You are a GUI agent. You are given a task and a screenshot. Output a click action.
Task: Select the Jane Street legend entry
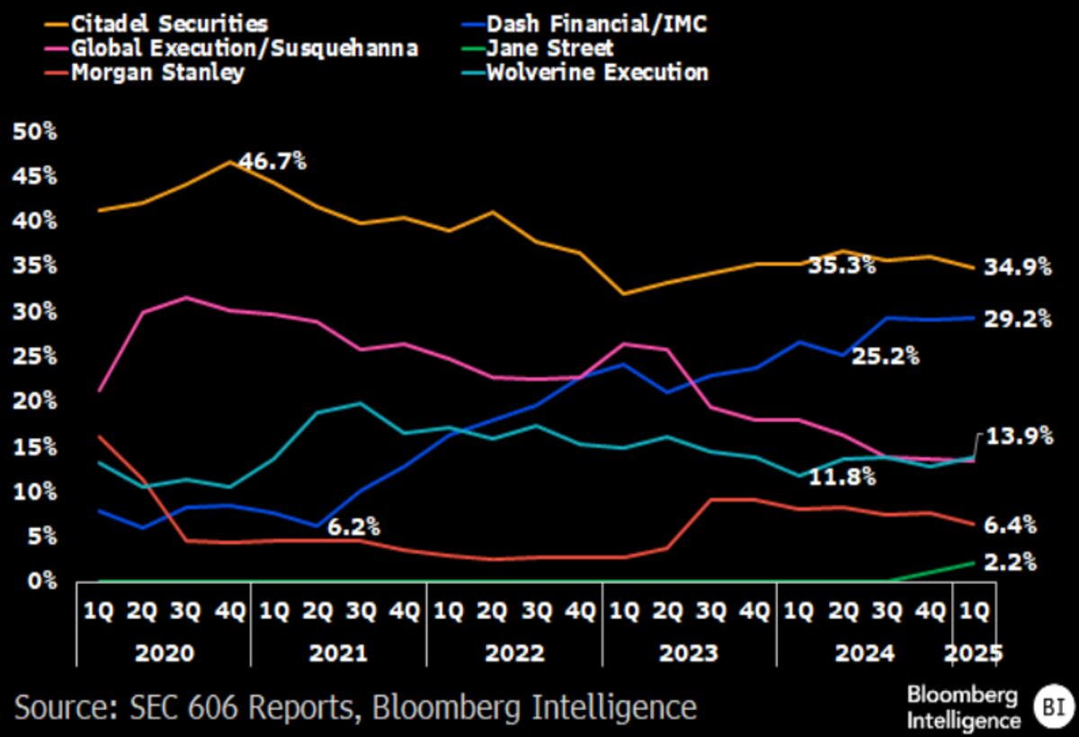tap(549, 47)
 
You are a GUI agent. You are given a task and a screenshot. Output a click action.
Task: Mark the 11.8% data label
tap(843, 476)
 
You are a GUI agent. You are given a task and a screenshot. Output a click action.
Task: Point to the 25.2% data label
tap(886, 355)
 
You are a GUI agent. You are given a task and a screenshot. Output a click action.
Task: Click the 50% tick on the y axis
tap(35, 131)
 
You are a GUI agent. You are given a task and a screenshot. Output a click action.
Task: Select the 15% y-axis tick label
tap(35, 446)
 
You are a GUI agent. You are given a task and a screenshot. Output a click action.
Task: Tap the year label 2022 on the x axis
tap(515, 652)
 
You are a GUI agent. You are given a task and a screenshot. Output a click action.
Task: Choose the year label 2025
tap(975, 652)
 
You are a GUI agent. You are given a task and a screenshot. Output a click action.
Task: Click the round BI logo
tap(1048, 704)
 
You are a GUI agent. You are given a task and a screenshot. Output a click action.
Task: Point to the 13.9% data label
tap(1020, 436)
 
